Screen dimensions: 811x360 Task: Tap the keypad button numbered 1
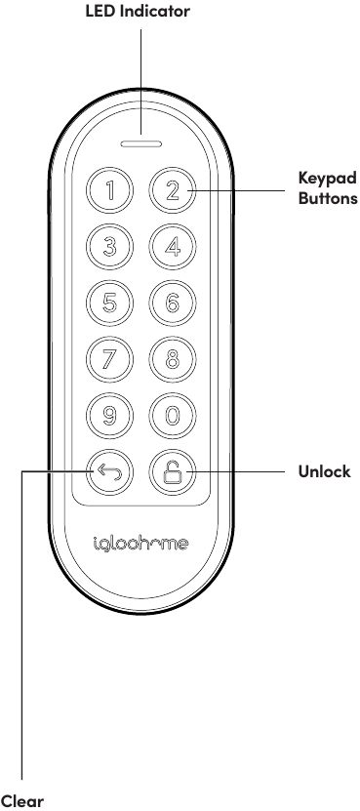[111, 189]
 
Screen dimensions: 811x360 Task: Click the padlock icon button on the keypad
[172, 473]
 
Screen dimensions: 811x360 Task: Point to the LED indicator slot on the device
[141, 142]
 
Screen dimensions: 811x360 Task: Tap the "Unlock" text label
[324, 473]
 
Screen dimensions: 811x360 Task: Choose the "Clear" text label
[22, 801]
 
